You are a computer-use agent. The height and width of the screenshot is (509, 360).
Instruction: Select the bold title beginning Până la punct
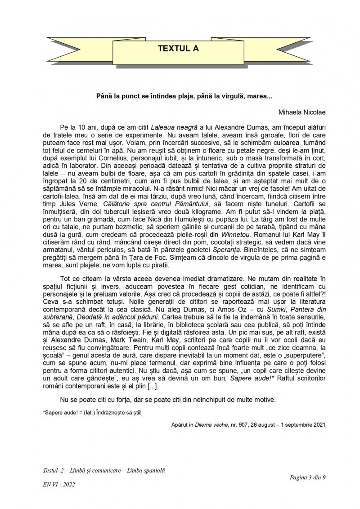pos(184,96)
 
